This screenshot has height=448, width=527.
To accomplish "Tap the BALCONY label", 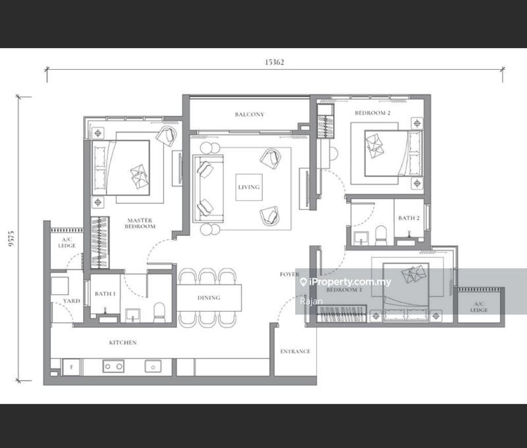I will pos(249,115).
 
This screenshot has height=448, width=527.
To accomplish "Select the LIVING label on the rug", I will pos(249,187).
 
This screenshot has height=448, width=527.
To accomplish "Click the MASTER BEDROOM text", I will pos(140,223).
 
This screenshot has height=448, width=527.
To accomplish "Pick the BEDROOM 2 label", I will pos(373,113).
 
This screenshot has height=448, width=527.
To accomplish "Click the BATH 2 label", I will pos(408,218).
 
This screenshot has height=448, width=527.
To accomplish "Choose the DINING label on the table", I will pos(209,298).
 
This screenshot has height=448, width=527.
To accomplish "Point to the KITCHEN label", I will pos(123,343).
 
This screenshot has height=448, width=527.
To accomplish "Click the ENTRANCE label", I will pos(295,351).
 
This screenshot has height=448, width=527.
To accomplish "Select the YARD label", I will pos(71,301).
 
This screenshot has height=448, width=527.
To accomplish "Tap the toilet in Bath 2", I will pos(379,235).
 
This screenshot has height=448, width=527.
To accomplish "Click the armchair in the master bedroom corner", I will pos(167,136).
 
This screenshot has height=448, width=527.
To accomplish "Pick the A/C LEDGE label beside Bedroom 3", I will pos(479,306).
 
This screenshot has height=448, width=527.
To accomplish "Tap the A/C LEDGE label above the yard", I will pos(67,242).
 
